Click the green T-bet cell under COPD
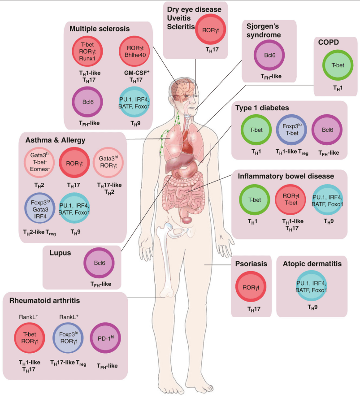click(337, 66)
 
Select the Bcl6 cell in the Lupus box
click(99, 265)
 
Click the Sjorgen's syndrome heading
click(268, 31)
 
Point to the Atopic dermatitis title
click(312, 264)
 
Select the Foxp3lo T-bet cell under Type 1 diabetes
click(291, 130)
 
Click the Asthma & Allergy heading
click(56, 140)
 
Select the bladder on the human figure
click(186, 219)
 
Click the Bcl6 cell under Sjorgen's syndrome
click(270, 56)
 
